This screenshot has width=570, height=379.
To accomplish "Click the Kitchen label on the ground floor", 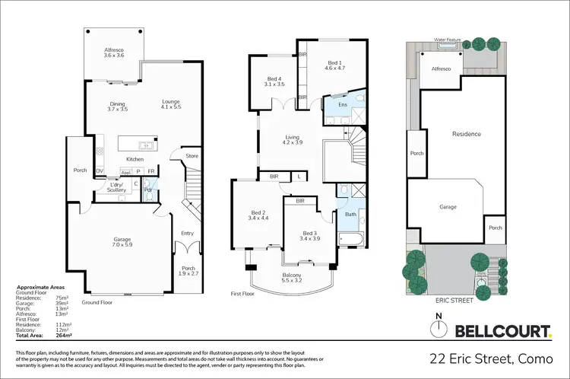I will click(x=135, y=159).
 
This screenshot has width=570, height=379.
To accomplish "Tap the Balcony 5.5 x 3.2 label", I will click(x=292, y=278).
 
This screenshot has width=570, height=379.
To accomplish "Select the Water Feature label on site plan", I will click(x=449, y=38).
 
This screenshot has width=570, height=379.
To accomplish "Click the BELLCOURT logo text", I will click(x=502, y=330).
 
